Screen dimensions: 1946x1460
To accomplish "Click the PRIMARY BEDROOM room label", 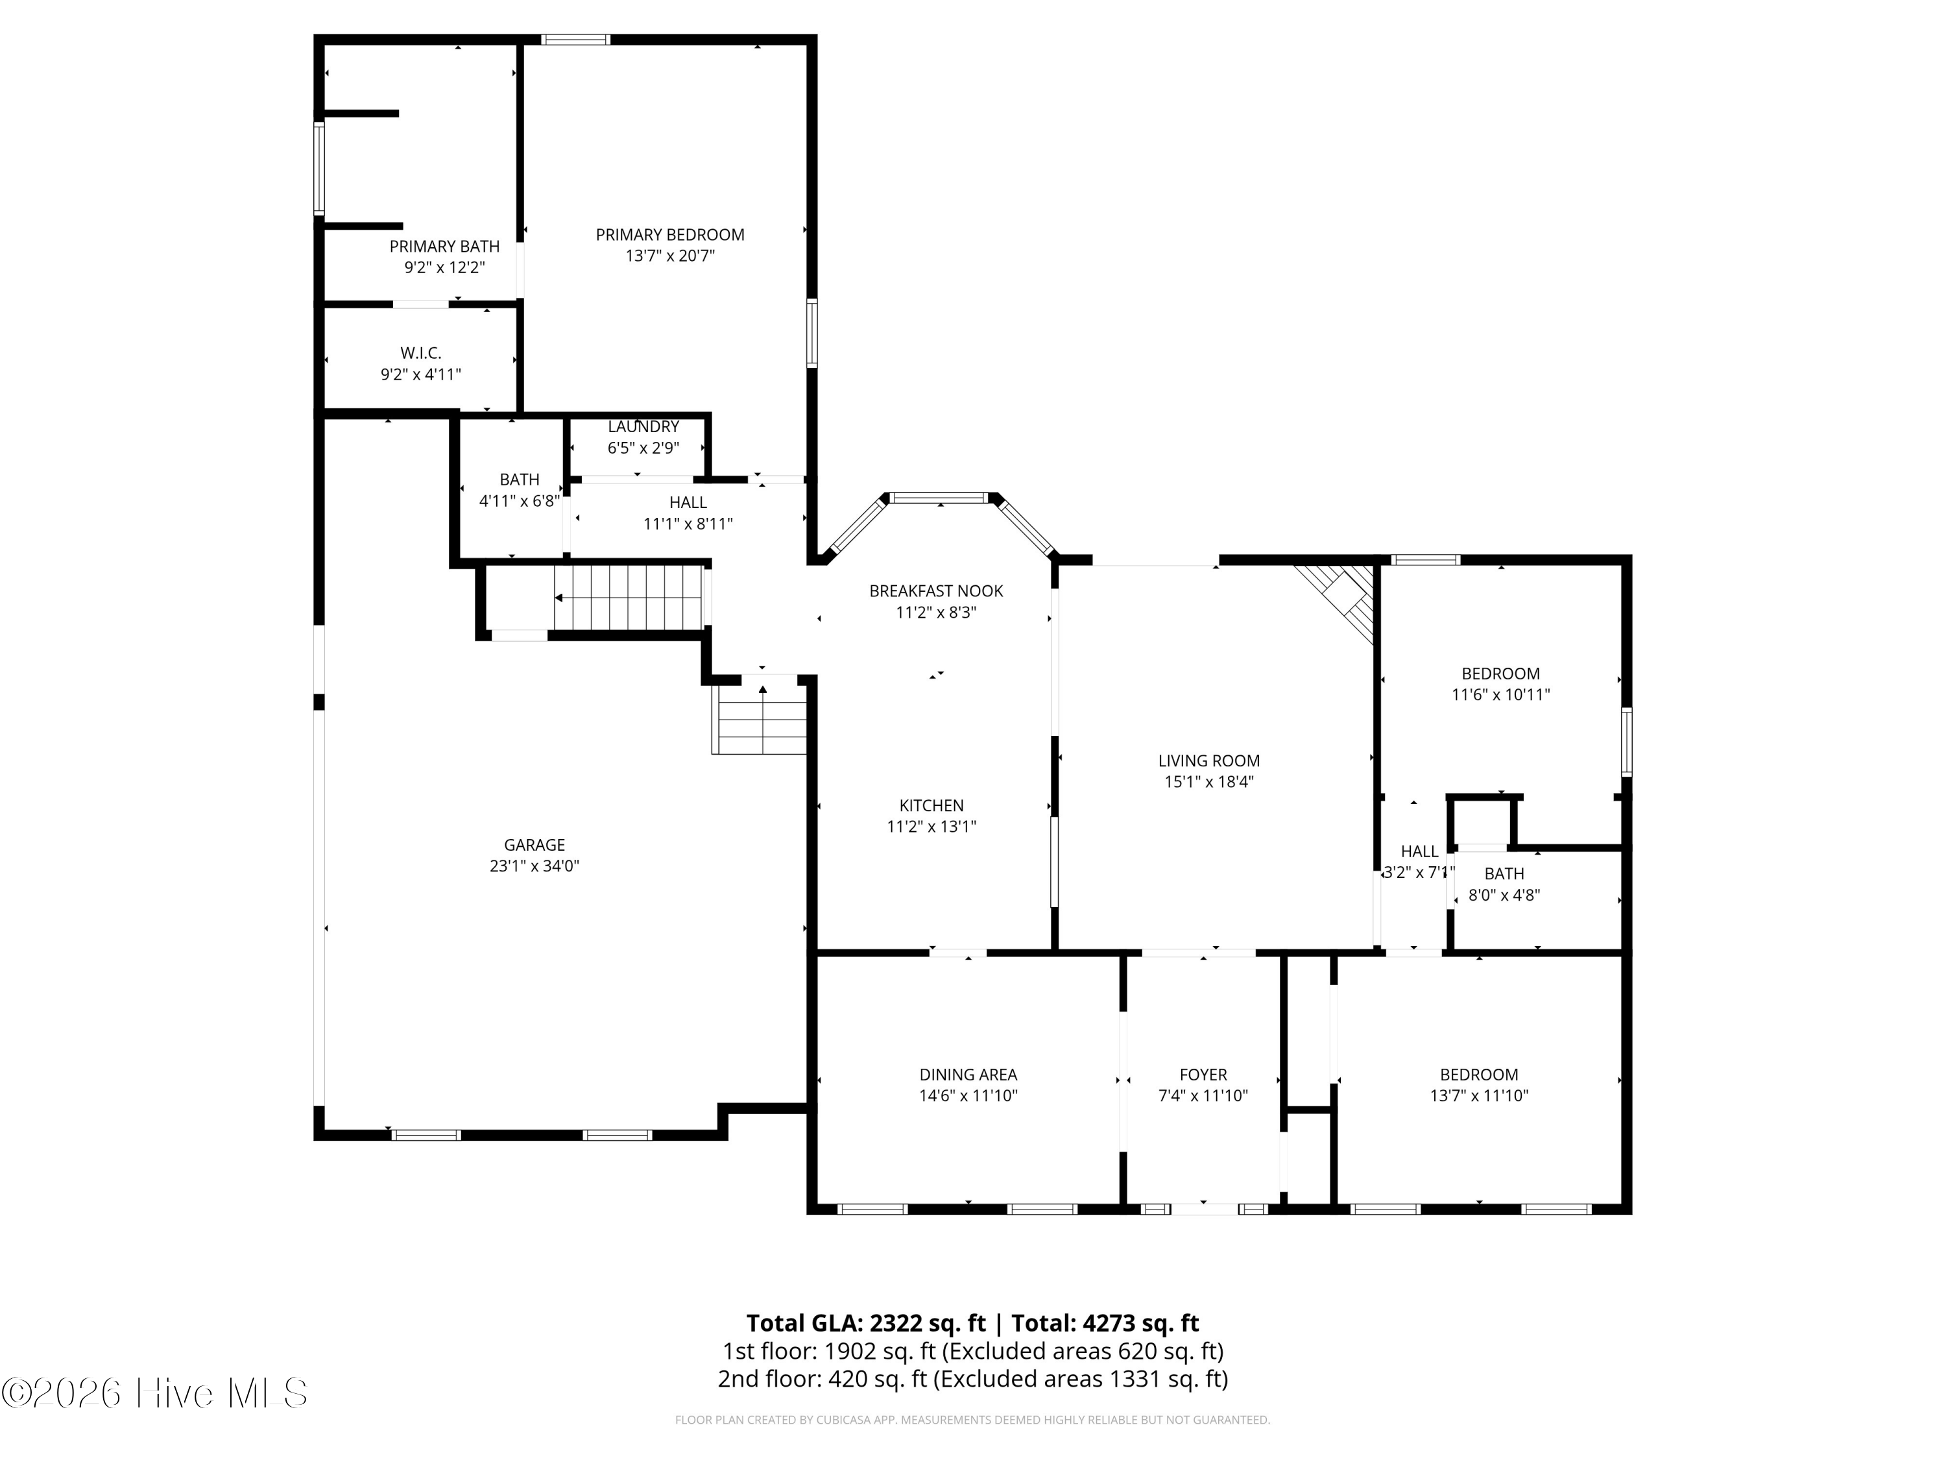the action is (669, 235).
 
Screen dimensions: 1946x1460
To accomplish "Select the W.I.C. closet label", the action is (420, 353).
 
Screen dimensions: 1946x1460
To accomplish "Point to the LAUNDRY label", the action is (643, 427).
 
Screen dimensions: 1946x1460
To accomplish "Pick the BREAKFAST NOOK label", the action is (936, 591).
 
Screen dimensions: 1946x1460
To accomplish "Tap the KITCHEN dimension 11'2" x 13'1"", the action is (931, 827).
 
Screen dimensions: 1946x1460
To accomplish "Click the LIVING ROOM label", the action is (1208, 761).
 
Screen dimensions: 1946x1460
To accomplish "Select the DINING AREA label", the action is (968, 1075).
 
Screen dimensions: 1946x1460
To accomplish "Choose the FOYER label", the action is (1203, 1075).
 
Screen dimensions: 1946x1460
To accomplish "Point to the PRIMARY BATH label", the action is (444, 247).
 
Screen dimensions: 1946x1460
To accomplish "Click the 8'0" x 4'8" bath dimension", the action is (1504, 895).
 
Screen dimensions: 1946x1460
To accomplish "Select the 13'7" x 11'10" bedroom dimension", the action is (1479, 1096).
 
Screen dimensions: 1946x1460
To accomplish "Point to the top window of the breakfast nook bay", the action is (939, 498).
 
